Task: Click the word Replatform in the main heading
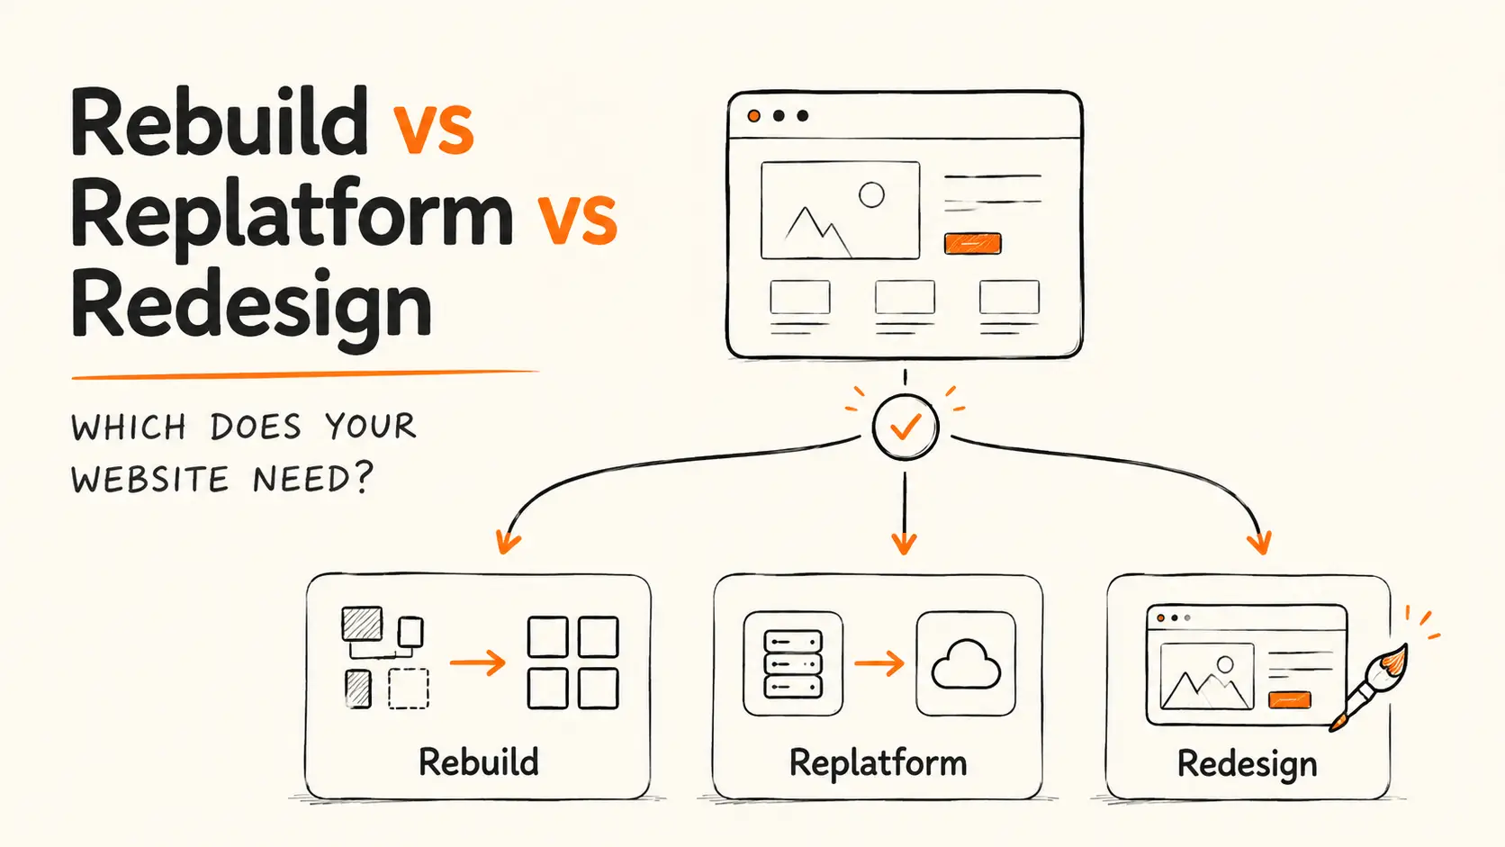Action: click(x=293, y=220)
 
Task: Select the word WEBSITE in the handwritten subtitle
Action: click(x=149, y=480)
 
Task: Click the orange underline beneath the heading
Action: click(x=305, y=374)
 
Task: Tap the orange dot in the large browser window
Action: click(x=753, y=116)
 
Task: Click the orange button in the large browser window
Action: click(x=972, y=243)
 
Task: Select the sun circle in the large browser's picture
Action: click(x=871, y=195)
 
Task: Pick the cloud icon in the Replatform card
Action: click(x=966, y=664)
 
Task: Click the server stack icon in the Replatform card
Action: click(x=793, y=663)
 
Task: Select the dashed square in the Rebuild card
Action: click(x=409, y=689)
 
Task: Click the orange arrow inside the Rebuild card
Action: click(x=477, y=663)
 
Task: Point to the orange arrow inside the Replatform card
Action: click(x=879, y=663)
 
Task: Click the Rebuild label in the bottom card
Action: click(x=478, y=761)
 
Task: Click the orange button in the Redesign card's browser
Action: click(x=1289, y=700)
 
